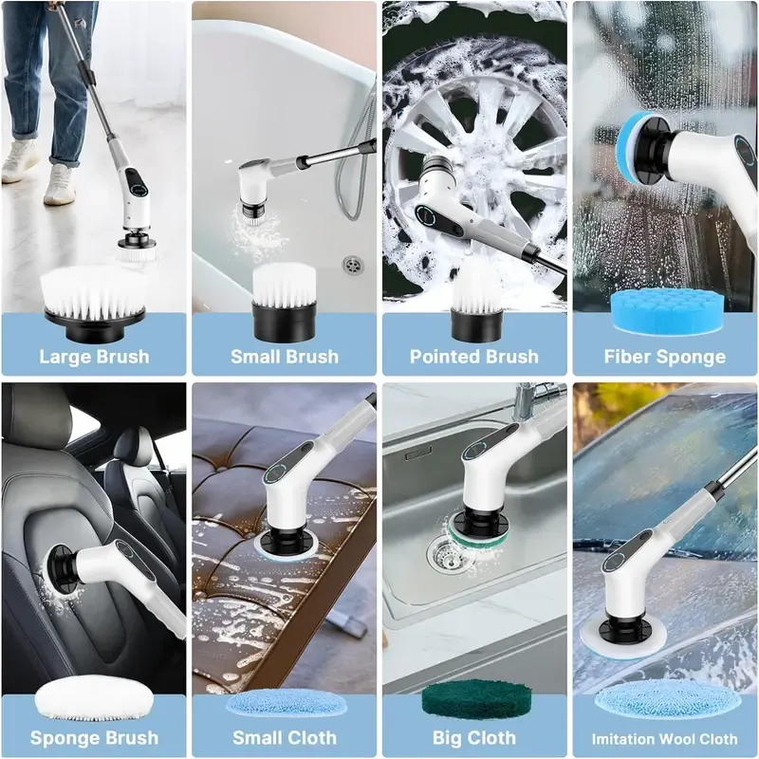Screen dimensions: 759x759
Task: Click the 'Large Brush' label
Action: (94, 357)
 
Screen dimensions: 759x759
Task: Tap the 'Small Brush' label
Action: (284, 357)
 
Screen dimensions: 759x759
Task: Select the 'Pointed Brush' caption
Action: (473, 357)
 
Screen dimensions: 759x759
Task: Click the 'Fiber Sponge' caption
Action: (664, 357)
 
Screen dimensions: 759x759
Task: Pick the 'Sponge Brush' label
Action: (94, 736)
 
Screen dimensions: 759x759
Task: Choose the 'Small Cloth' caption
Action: (284, 736)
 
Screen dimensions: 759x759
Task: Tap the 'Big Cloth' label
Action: (473, 736)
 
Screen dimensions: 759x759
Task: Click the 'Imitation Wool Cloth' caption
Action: (664, 737)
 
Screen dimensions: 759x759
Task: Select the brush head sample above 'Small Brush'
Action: (284, 300)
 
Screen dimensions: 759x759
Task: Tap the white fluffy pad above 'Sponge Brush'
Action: (93, 700)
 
